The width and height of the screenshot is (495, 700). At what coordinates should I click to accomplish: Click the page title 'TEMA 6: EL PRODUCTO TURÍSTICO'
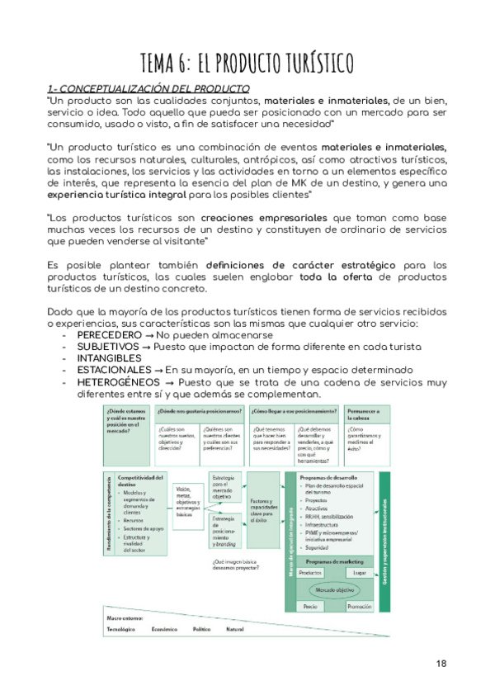pos(247,62)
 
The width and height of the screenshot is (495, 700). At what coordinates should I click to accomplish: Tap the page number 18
pos(441,663)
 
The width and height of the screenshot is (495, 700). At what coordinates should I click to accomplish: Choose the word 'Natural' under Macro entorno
pos(235,630)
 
